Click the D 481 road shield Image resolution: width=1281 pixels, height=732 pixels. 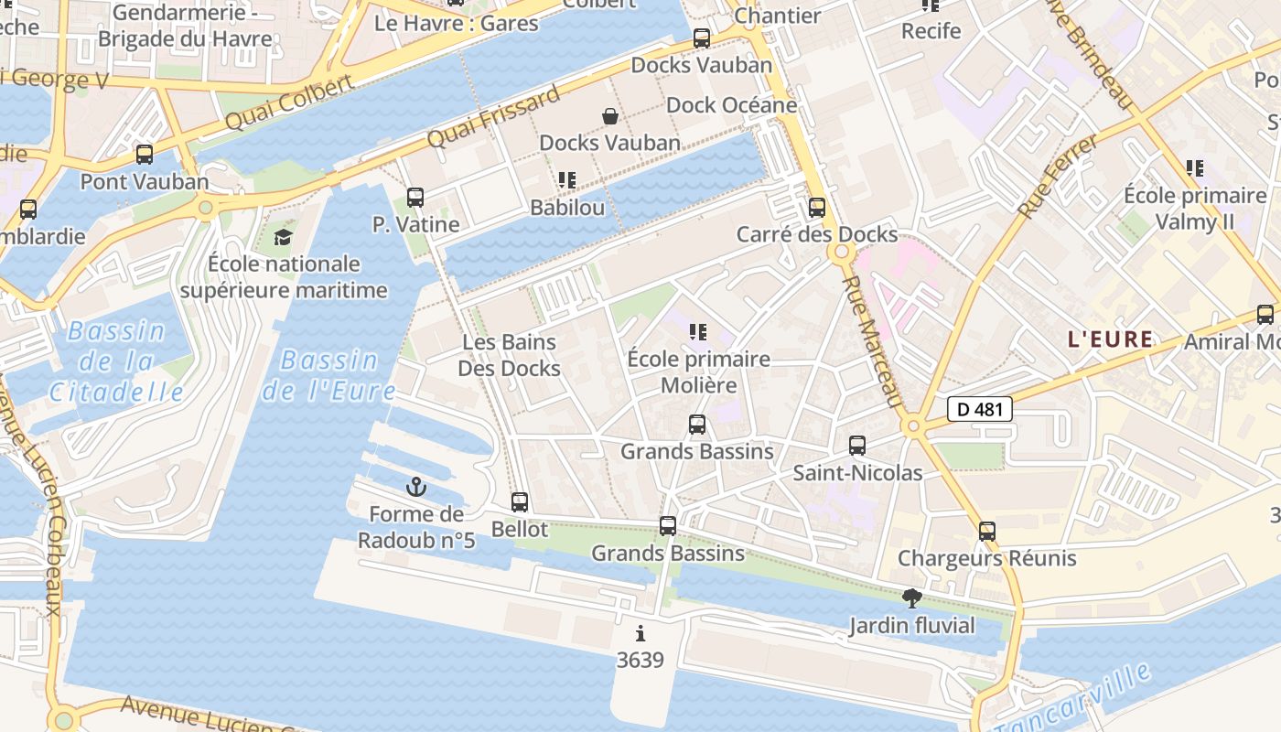(978, 409)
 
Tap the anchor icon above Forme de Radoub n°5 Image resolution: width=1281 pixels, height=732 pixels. (416, 486)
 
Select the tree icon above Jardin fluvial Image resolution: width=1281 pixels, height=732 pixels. (911, 598)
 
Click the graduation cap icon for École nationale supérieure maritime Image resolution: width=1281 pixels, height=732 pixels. (284, 238)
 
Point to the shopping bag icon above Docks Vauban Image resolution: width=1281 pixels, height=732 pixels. (609, 115)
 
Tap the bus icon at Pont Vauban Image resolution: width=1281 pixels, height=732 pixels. (144, 154)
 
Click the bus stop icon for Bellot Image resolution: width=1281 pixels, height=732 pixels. (520, 501)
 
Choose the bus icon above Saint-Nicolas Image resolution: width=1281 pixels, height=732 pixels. (856, 446)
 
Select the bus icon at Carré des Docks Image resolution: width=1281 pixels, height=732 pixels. (816, 208)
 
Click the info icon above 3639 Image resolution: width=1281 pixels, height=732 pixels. (640, 633)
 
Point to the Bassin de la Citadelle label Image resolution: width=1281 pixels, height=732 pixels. (117, 362)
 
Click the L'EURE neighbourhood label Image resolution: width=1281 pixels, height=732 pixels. (1110, 339)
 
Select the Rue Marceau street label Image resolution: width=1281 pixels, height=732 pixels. (873, 344)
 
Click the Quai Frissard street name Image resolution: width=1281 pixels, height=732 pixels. (494, 117)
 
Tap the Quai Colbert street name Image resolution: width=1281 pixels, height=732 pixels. (288, 102)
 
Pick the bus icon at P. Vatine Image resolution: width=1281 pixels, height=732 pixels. (414, 197)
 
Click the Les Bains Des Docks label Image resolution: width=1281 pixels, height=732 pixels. (510, 355)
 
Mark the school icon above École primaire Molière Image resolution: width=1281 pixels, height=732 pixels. (699, 332)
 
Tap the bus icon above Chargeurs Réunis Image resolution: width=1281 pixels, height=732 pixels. (986, 531)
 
